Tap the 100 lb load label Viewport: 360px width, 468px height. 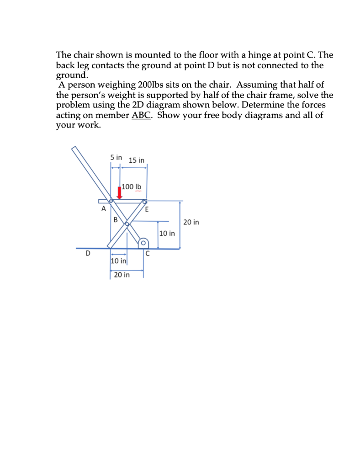tap(132, 187)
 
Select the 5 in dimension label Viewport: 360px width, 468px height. tap(116, 157)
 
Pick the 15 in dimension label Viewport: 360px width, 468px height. tap(137, 160)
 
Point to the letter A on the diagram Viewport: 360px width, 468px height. tap(104, 210)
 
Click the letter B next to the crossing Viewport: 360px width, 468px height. tap(115, 219)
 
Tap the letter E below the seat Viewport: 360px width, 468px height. tap(147, 210)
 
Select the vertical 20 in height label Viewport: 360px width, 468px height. tap(191, 223)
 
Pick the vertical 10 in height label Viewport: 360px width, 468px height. tap(167, 234)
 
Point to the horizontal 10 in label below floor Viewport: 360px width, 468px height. tap(118, 261)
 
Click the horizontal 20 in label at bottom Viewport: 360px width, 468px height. tap(122, 275)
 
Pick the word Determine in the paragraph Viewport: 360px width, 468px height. tap(252, 105)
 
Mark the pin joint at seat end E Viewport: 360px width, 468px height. tap(145, 201)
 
